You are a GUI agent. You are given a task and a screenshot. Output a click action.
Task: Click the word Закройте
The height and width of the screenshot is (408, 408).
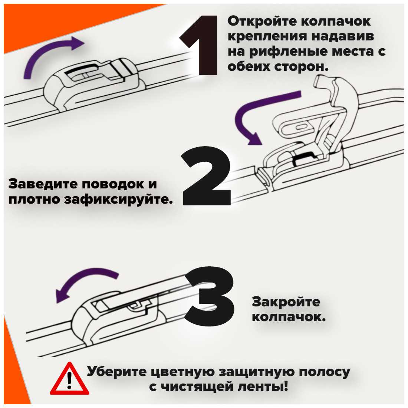[286, 302]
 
